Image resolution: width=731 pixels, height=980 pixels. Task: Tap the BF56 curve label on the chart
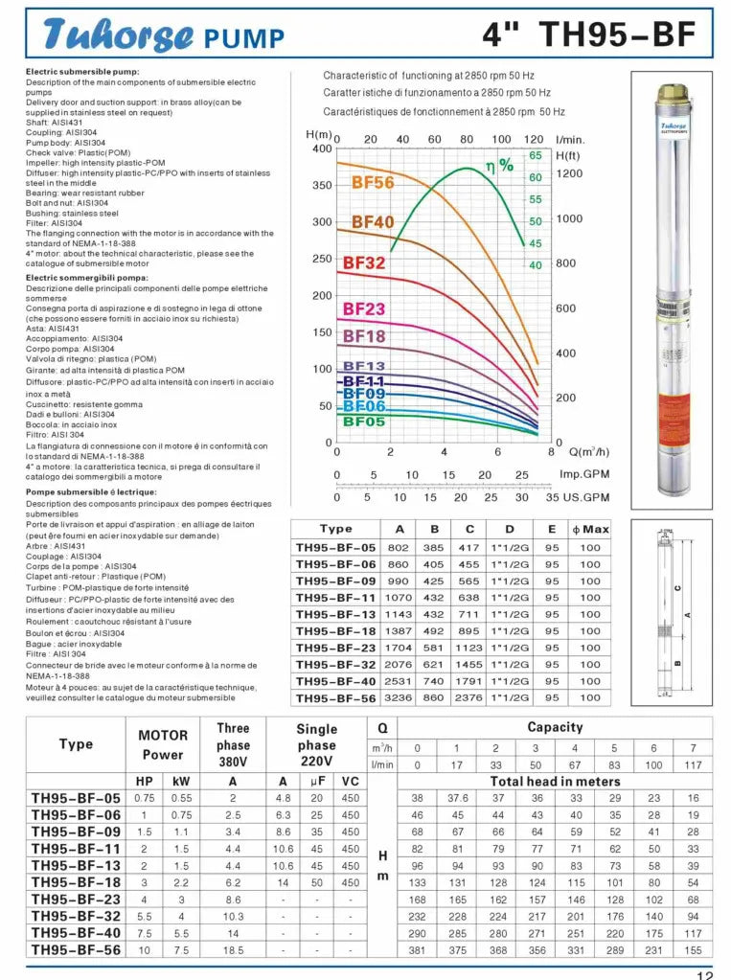click(x=373, y=183)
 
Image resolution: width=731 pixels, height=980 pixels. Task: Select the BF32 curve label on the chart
click(x=363, y=262)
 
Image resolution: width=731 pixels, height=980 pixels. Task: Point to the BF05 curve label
click(x=364, y=421)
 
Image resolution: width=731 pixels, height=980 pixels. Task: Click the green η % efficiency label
click(x=499, y=165)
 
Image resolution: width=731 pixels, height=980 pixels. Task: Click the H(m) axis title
click(x=318, y=134)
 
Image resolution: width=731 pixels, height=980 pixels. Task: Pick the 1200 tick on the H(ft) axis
click(x=569, y=173)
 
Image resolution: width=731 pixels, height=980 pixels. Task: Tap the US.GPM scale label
click(x=585, y=497)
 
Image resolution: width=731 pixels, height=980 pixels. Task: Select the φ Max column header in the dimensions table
click(x=590, y=529)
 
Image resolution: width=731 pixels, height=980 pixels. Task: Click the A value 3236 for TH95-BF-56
click(x=399, y=698)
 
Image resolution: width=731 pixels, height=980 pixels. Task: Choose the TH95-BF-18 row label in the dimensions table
click(x=335, y=631)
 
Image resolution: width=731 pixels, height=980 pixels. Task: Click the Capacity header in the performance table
click(x=555, y=727)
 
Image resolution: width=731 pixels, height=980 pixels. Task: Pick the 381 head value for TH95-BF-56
click(x=417, y=950)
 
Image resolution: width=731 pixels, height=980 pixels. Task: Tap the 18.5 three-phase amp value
click(x=233, y=950)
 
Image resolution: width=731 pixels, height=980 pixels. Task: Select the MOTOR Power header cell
click(x=163, y=744)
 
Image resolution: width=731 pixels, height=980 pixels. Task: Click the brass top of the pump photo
click(x=672, y=95)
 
